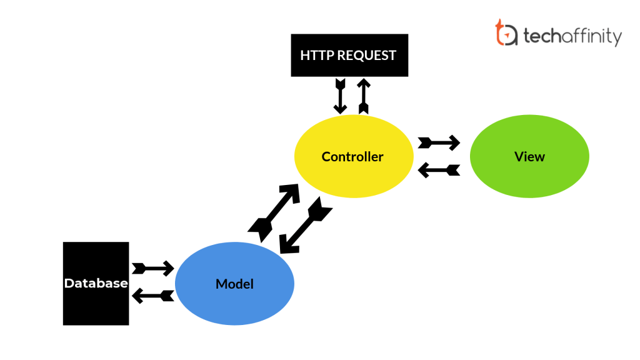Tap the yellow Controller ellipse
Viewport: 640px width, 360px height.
(353, 156)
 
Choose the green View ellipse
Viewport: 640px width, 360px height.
(529, 156)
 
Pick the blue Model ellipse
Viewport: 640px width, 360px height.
(234, 284)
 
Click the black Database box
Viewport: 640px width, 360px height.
(96, 283)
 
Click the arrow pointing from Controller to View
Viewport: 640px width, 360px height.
(439, 142)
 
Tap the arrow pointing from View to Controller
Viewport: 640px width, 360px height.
(439, 169)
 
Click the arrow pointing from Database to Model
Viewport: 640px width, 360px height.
(152, 269)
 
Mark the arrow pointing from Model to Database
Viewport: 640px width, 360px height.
(152, 296)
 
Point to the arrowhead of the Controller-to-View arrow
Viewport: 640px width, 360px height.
(455, 142)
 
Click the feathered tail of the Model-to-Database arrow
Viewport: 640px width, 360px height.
(167, 296)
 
